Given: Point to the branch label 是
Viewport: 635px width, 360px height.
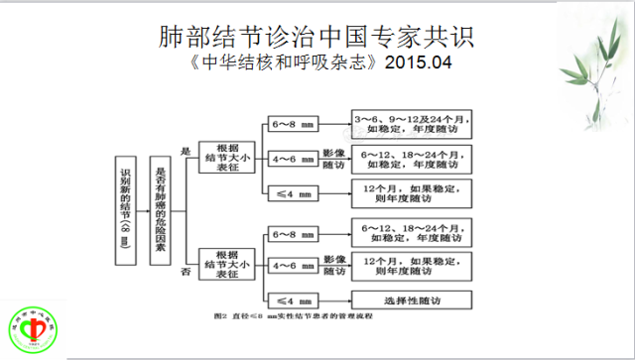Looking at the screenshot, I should [185, 151].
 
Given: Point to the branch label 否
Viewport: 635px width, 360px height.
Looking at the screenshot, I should [185, 270].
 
